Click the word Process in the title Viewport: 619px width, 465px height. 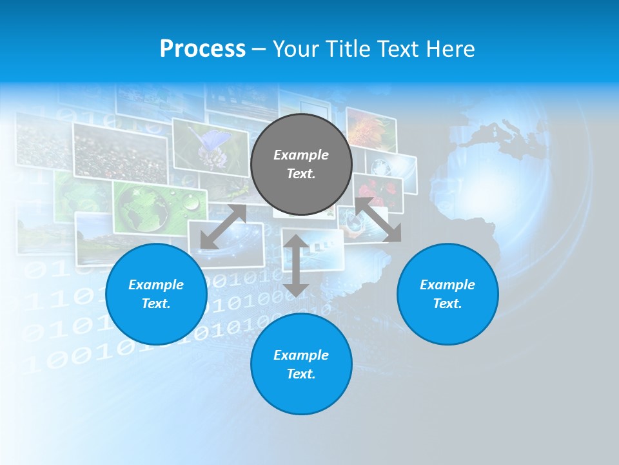click(x=202, y=49)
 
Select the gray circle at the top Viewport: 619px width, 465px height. click(x=301, y=164)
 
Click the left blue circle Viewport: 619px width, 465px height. click(x=156, y=294)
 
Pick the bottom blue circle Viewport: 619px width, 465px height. click(x=301, y=364)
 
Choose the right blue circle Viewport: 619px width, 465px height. click(x=447, y=294)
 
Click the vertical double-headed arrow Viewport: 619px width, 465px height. click(x=296, y=265)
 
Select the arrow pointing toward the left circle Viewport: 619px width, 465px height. click(x=223, y=227)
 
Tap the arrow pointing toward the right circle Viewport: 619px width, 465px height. click(x=378, y=220)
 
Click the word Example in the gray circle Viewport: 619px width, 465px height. click(x=301, y=155)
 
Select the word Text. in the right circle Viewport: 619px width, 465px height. click(x=447, y=304)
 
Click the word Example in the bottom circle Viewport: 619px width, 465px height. click(x=301, y=355)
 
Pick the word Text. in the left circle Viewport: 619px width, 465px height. click(x=156, y=304)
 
